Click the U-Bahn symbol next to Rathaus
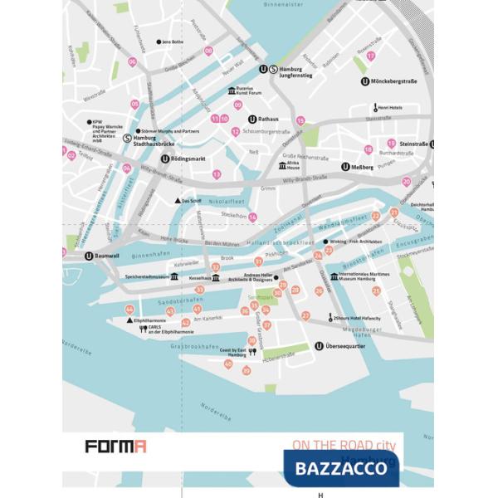click(251, 120)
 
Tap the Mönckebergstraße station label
click(395, 81)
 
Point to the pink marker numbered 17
click(371, 56)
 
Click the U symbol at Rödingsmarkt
click(165, 159)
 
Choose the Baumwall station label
click(108, 256)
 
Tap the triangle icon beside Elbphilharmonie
click(129, 320)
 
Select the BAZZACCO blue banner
click(341, 469)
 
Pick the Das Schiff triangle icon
click(177, 201)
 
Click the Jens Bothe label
click(173, 41)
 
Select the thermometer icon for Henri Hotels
click(373, 108)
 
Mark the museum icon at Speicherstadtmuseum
click(175, 277)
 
